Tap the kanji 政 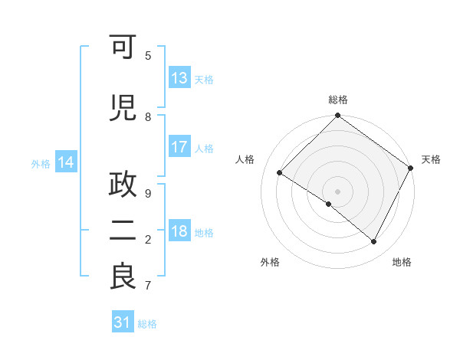pyautogui.click(x=123, y=186)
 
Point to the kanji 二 pyautogui.click(x=123, y=232)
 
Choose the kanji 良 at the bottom pyautogui.click(x=123, y=277)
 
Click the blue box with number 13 pyautogui.click(x=179, y=78)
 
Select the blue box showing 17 pyautogui.click(x=179, y=147)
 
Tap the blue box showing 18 pyautogui.click(x=179, y=232)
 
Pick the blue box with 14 pyautogui.click(x=65, y=162)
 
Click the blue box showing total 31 pyautogui.click(x=123, y=323)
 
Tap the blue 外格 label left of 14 pyautogui.click(x=41, y=163)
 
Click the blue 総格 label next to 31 pyautogui.click(x=147, y=324)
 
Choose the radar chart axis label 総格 pyautogui.click(x=338, y=100)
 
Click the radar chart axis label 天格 pyautogui.click(x=431, y=159)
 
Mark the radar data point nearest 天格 pyautogui.click(x=411, y=167)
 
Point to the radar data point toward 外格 pyautogui.click(x=329, y=204)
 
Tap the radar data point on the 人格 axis pyautogui.click(x=280, y=173)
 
